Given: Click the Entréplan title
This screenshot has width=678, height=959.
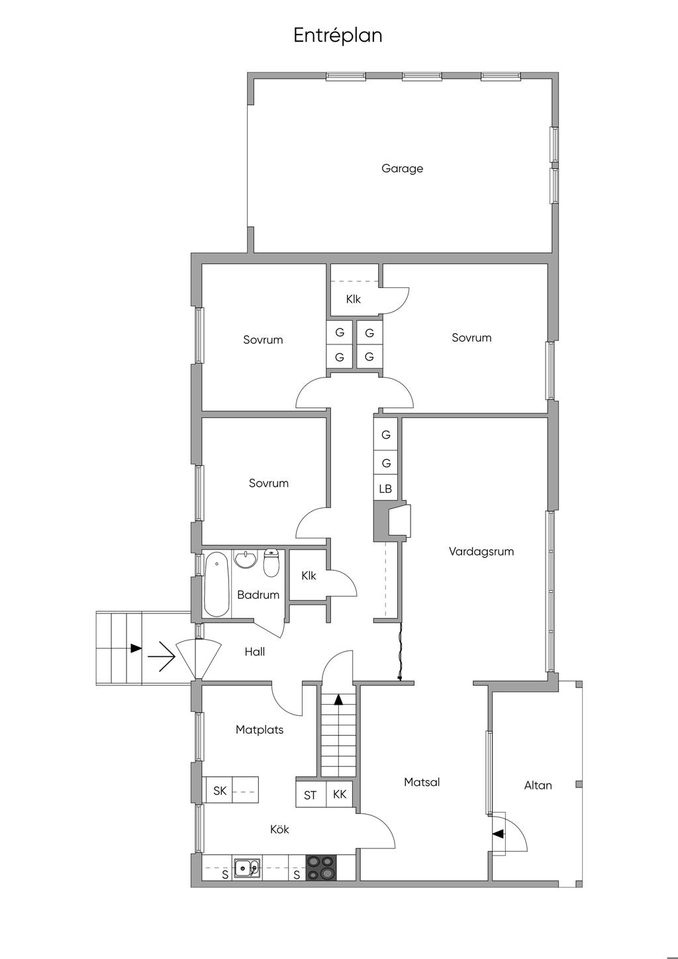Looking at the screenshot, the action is click(338, 36).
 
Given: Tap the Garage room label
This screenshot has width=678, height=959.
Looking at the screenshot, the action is click(403, 169).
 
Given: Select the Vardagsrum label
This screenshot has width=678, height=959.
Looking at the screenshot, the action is click(481, 552).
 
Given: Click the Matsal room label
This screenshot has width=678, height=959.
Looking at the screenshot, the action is click(422, 782).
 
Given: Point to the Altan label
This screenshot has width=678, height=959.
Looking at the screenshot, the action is click(538, 785).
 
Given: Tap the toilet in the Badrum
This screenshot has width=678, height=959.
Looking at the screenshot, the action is click(271, 562).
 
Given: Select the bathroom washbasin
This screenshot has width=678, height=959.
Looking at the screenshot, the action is click(245, 559).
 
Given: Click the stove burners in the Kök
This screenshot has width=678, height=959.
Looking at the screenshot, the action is click(320, 868).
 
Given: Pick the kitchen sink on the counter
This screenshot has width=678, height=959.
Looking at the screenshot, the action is click(246, 868).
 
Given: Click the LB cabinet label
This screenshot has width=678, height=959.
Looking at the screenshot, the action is click(385, 489).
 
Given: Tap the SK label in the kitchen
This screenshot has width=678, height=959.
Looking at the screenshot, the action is click(220, 791).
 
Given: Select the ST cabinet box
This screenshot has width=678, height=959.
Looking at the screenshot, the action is click(311, 795).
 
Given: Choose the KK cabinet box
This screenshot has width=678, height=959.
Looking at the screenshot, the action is click(340, 795).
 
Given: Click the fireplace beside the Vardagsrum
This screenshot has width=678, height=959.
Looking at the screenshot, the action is click(393, 521).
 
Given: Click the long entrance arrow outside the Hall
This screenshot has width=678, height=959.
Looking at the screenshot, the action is click(162, 656).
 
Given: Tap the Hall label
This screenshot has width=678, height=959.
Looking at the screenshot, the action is click(255, 652).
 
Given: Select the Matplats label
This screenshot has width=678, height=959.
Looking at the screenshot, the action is click(260, 730).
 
